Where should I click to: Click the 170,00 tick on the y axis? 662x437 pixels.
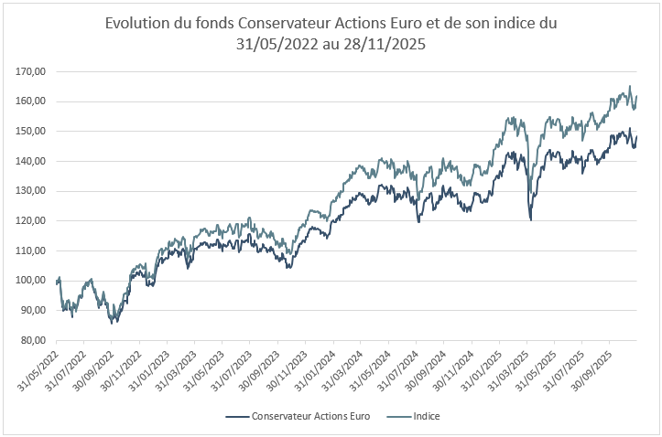coord(33,71)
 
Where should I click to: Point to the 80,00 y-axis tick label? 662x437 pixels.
coord(35,340)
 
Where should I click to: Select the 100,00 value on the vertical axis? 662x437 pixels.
coord(33,281)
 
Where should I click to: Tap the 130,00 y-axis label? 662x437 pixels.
coord(33,191)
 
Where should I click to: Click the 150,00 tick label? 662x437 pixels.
coord(33,132)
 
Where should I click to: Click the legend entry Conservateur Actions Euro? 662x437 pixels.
coord(298,416)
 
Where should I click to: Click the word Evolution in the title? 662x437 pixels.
coord(137,23)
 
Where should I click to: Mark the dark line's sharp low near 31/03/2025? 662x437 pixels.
coord(531,219)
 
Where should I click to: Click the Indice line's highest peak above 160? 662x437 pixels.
coord(630,87)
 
